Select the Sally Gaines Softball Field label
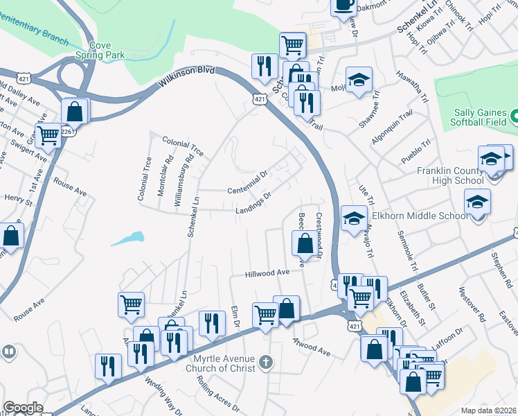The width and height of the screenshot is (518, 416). point(481,118)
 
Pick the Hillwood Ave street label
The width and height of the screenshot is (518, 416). point(267,274)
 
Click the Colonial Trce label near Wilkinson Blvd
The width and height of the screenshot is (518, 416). point(183,146)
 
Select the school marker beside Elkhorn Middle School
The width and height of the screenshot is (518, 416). point(477,202)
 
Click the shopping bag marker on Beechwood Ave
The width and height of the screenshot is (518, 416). point(304,243)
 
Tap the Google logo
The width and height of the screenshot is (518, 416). point(24,408)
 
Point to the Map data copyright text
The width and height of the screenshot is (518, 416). point(489,410)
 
